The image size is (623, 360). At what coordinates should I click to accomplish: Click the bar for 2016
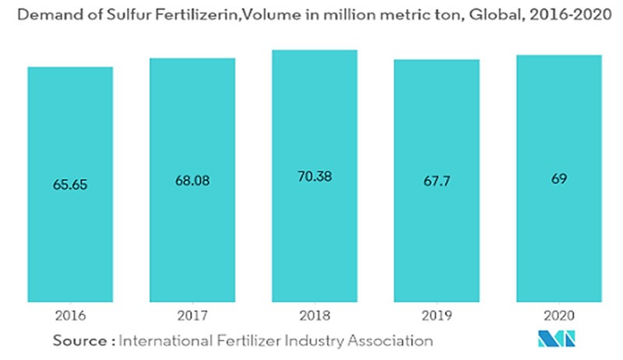tap(71, 234)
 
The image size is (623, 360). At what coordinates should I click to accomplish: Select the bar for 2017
tap(192, 234)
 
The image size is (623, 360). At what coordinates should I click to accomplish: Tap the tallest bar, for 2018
tap(315, 234)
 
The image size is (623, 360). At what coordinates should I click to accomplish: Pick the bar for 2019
tap(436, 234)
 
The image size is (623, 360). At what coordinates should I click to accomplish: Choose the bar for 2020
tap(559, 234)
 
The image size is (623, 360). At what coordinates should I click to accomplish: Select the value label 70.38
tap(315, 176)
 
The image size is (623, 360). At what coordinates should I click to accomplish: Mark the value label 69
tap(559, 179)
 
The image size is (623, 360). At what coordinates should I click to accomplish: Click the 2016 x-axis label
tap(71, 316)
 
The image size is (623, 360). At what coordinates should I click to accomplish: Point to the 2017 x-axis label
tap(192, 316)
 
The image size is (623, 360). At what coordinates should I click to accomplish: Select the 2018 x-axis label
tap(315, 316)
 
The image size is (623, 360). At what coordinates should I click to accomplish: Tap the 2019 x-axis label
tap(436, 316)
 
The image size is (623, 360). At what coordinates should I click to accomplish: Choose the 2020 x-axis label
tap(559, 316)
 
